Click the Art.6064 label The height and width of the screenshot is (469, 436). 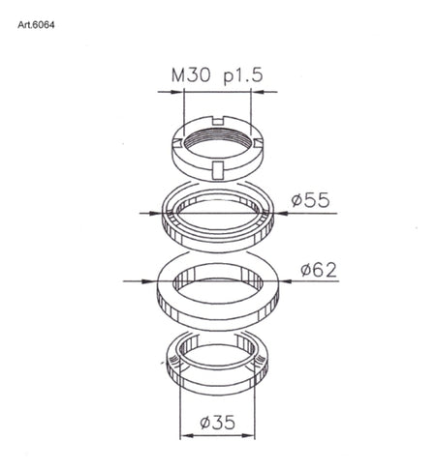(36, 25)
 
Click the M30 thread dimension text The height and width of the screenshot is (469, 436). (191, 75)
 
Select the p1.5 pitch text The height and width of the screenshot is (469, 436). (243, 76)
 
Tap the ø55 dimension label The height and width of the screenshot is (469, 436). (311, 200)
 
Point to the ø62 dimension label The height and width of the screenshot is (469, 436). (319, 270)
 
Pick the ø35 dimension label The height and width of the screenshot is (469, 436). (217, 423)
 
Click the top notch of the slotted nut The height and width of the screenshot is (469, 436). (219, 121)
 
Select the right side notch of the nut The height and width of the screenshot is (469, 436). (259, 142)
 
